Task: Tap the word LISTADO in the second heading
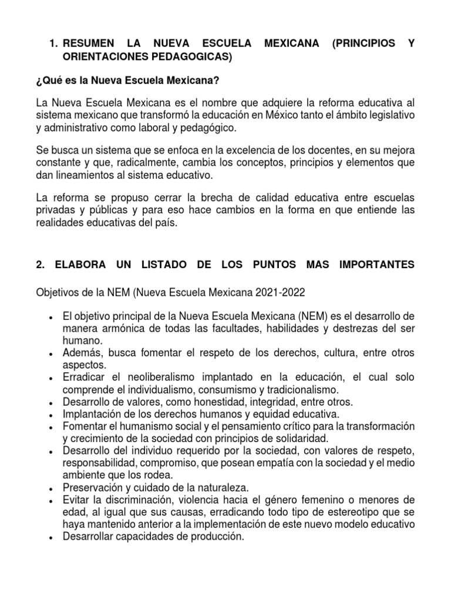161,265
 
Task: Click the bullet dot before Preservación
52,488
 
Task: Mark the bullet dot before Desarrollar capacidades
52,537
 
